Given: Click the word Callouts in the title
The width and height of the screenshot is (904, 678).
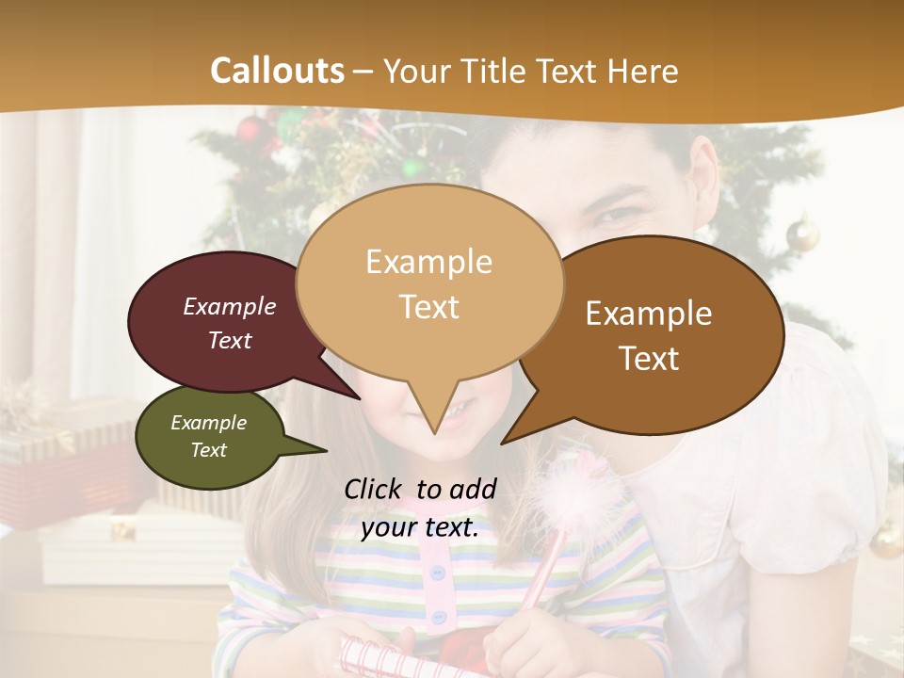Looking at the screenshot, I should click(x=277, y=71).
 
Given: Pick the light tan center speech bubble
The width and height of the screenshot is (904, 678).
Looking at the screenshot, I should click(x=429, y=254).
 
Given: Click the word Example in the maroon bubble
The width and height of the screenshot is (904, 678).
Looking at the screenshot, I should click(x=229, y=307).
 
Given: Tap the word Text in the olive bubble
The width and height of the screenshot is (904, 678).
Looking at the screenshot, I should click(x=208, y=450).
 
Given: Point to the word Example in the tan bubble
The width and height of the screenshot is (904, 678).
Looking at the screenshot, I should click(x=428, y=262).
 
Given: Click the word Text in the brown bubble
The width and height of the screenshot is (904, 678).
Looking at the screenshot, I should click(x=649, y=359).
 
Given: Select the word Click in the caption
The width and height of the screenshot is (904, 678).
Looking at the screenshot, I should click(x=374, y=489).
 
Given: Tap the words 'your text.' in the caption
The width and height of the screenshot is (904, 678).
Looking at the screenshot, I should click(x=420, y=527).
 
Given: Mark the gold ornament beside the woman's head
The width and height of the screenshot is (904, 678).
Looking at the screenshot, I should click(x=803, y=233).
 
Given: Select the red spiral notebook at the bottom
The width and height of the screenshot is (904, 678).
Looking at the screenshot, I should click(x=377, y=656).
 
